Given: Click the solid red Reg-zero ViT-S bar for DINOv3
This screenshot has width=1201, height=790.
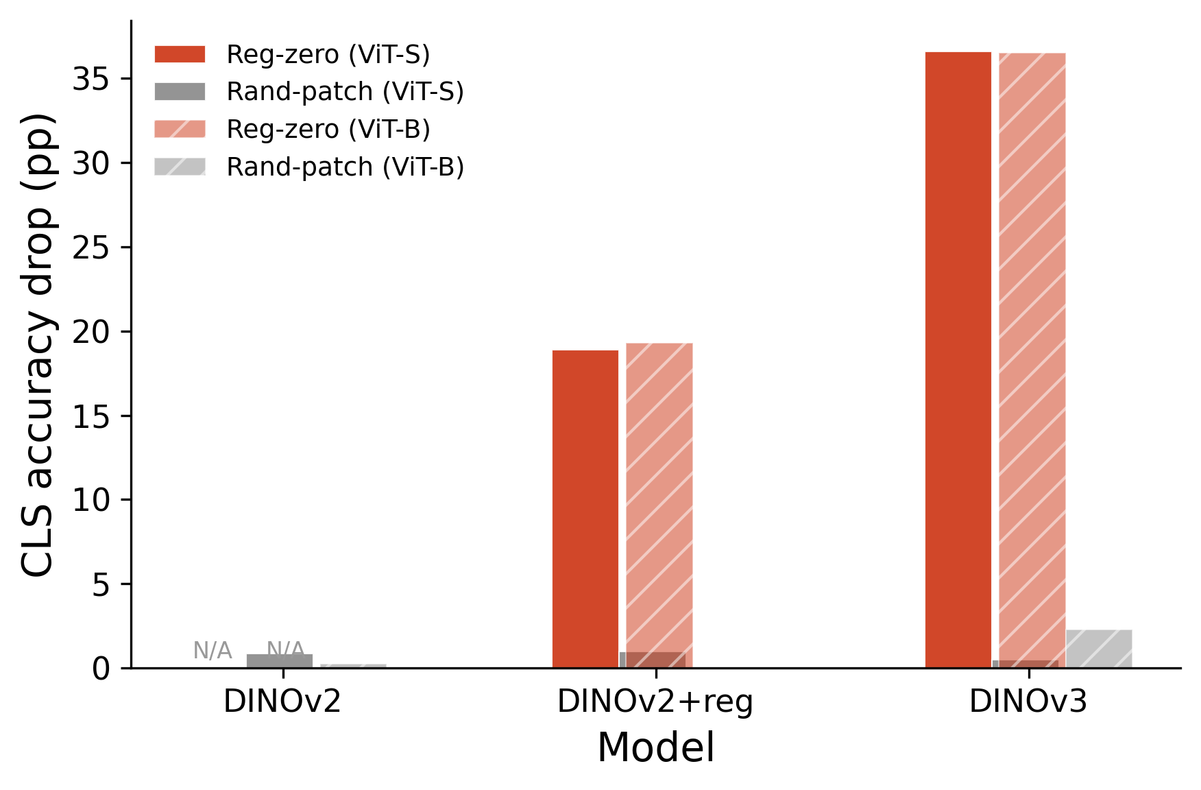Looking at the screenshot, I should pos(958,357).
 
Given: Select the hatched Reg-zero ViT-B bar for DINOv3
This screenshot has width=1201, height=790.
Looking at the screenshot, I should pos(1032,357).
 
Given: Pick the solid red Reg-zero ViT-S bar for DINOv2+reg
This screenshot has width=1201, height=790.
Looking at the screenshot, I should pos(585,507).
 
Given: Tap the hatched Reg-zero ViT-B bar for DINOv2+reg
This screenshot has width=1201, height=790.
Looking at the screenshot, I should pos(659,504).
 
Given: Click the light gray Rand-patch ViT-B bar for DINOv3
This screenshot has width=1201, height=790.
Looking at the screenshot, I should pos(1099,648).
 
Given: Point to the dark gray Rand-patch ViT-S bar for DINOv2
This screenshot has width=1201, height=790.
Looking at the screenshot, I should pos(280,661).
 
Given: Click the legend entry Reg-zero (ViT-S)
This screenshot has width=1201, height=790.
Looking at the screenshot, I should pos(328,55).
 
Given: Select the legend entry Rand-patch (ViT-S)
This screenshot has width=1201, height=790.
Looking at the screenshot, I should pos(345,92).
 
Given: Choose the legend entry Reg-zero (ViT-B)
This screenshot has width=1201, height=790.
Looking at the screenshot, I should pos(328,130).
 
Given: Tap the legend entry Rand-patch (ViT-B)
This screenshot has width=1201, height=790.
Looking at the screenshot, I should pos(345,167).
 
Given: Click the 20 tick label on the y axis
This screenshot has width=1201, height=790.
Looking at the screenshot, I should pos(92,332).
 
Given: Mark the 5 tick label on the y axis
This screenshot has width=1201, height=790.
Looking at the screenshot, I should pos(101,584).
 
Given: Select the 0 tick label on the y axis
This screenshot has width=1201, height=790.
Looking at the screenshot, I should pos(101,669).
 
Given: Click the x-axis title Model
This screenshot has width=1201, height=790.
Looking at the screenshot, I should pos(655,747).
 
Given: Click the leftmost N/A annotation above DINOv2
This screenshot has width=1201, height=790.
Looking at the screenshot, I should pos(213,650).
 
